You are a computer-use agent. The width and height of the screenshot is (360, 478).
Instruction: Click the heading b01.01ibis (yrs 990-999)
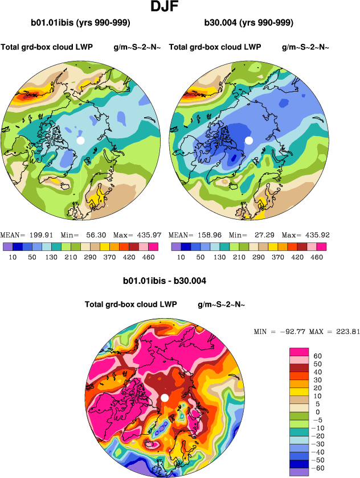pyautogui.click(x=81, y=23)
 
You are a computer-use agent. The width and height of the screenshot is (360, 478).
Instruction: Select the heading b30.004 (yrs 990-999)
pyautogui.click(x=248, y=23)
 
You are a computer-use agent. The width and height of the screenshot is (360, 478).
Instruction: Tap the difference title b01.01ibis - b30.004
pyautogui.click(x=165, y=281)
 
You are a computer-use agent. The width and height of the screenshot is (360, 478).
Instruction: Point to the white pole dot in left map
pyautogui.click(x=81, y=140)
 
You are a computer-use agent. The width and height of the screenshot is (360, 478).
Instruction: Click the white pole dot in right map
pyautogui.click(x=248, y=140)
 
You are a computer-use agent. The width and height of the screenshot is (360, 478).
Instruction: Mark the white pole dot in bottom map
pyautogui.click(x=165, y=397)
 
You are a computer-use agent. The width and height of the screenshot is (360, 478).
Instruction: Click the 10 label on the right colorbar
pyautogui.click(x=181, y=257)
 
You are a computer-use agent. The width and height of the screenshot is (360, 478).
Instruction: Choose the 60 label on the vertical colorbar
pyautogui.click(x=318, y=356)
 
